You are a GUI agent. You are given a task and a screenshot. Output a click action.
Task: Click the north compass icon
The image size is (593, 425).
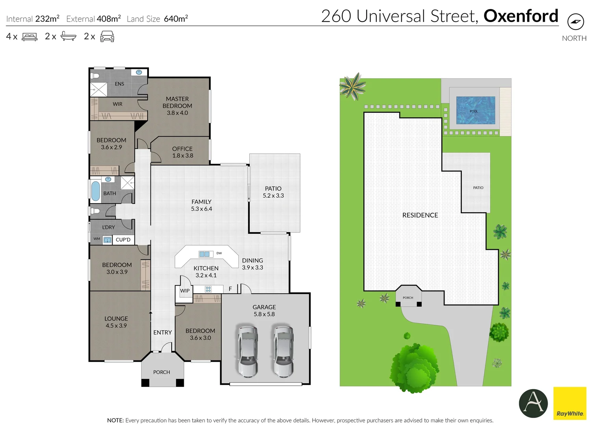coord(575,22)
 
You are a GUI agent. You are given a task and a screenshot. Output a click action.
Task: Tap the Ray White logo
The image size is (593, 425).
coord(569,403)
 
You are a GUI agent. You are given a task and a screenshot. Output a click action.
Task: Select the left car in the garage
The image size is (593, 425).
coord(248,350)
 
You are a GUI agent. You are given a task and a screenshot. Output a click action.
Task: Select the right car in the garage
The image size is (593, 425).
coord(284,350)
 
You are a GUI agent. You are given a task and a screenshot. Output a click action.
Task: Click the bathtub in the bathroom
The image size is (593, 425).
coord(96,191)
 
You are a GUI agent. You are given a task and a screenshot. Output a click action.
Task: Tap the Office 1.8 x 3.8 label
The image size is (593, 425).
coord(182,152)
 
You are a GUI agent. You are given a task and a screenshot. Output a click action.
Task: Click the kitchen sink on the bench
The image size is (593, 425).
coord(204,254)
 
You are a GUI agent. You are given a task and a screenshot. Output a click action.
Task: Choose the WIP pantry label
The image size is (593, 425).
coord(185,291)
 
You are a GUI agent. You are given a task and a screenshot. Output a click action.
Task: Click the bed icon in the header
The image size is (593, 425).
coord(30,37)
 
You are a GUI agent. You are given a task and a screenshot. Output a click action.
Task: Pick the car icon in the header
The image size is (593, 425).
coord(107,37)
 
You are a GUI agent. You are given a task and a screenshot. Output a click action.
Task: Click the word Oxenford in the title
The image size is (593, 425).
coord(521,16)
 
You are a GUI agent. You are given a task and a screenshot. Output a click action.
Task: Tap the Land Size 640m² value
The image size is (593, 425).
coord(176,19)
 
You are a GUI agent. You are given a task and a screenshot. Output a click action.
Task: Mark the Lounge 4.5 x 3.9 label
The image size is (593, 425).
coord(116,322)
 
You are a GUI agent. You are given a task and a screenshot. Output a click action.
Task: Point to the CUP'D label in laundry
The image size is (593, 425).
coord(123,240)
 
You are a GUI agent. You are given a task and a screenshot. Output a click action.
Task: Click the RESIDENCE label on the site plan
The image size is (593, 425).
coord(420,215)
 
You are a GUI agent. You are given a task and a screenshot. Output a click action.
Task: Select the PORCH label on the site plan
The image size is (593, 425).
coord(408,297)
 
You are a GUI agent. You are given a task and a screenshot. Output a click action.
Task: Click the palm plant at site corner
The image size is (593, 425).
coord(352,86)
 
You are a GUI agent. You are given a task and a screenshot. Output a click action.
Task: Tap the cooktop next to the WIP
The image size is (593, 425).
coord(208,289)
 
